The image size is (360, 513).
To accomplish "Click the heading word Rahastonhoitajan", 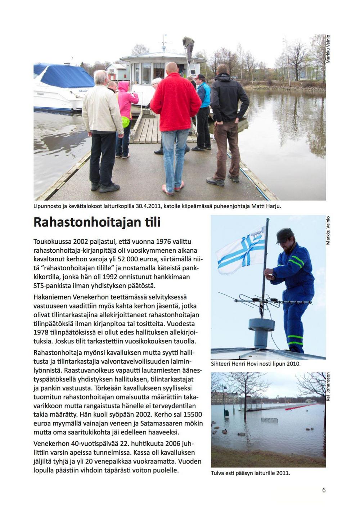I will [85, 222].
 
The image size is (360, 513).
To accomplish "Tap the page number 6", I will [324, 490].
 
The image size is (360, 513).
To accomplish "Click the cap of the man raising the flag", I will [284, 235].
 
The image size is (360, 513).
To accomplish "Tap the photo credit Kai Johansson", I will [328, 386].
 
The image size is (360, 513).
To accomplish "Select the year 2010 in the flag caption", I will [293, 364].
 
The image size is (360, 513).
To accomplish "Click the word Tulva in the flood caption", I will [218, 473].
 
